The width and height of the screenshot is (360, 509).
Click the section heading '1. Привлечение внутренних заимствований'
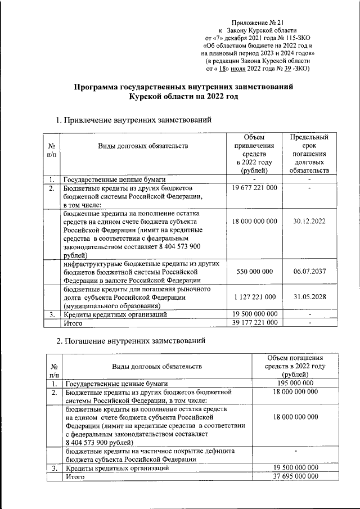134,120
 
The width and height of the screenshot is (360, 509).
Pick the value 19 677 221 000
254,187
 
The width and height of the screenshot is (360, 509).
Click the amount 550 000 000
254,271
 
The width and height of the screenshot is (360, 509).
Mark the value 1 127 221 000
254,296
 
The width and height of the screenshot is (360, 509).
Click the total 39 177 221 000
254,322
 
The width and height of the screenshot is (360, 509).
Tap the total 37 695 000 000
295,476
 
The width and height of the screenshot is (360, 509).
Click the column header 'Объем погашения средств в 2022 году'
295,366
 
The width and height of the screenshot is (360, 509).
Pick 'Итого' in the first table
73,323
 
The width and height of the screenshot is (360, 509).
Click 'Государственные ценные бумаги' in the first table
114,179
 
